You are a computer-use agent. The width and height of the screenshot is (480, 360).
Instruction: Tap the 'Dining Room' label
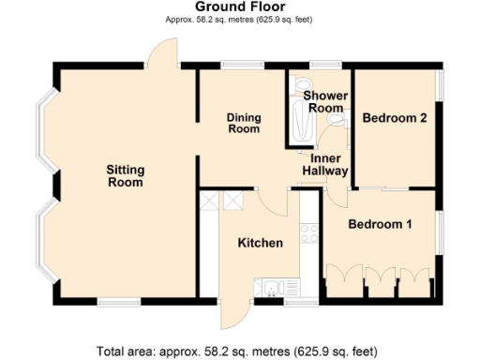click(x=244, y=123)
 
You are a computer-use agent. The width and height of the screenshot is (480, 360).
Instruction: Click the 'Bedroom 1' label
click(x=380, y=225)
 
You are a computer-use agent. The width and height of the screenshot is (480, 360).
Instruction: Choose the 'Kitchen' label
click(x=260, y=243)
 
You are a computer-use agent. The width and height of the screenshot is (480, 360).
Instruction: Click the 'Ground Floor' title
click(x=240, y=7)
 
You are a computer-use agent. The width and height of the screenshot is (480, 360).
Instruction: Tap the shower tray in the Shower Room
click(x=301, y=123)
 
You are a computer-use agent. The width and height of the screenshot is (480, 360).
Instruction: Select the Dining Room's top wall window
click(x=235, y=65)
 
